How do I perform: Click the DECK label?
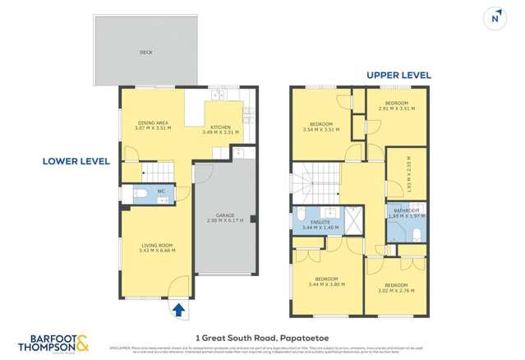145,52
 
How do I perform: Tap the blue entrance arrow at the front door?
177,309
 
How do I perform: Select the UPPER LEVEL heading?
398,75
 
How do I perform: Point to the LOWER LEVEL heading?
76,162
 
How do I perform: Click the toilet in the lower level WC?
143,194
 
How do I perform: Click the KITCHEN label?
220,127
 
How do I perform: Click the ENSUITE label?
320,221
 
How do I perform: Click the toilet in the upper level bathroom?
417,234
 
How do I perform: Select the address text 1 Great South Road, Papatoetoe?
261,335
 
